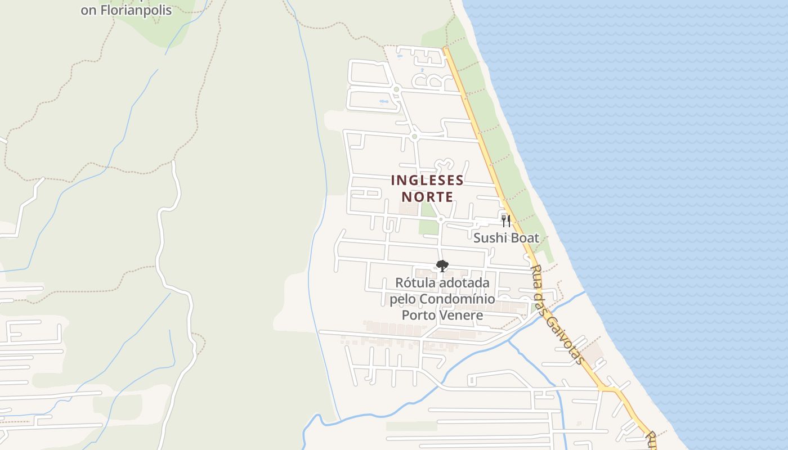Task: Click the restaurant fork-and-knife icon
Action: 506,220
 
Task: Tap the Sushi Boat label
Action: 506,238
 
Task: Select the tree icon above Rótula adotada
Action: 442,265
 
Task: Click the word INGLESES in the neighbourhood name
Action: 427,180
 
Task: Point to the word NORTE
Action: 427,197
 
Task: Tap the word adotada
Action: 465,282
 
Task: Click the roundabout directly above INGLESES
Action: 415,136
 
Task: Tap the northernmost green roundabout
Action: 396,89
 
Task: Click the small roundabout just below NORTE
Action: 441,218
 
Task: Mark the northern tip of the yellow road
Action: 445,48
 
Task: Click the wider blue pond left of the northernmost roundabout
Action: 384,102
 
